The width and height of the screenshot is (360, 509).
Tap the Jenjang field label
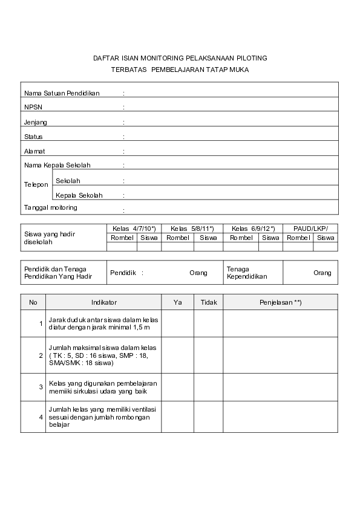coord(36,122)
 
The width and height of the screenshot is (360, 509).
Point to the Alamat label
coord(34,151)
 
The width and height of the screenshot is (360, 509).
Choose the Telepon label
coord(36,184)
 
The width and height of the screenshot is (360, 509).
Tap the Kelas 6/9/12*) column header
coord(254,229)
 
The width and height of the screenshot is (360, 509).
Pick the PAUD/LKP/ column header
coord(310,229)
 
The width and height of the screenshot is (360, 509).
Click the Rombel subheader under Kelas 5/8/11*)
coord(178,238)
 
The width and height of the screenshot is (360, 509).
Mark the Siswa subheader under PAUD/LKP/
coord(326,238)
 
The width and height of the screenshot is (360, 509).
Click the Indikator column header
coord(104,302)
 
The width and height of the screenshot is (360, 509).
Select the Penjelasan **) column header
coord(280,302)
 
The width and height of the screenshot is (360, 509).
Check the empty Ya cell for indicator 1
coord(177,323)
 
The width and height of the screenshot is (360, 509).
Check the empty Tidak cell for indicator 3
coord(208,387)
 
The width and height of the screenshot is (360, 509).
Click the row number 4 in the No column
coord(41,417)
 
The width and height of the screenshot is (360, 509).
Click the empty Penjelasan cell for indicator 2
coord(280,355)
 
